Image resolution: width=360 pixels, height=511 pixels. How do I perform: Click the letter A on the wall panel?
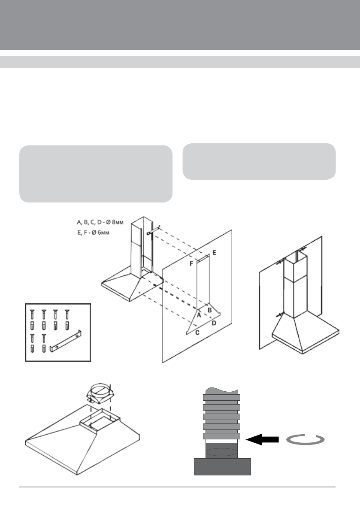(x=199, y=314)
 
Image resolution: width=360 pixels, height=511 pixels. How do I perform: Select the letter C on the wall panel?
(x=197, y=333)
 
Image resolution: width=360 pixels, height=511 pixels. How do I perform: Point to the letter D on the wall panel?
(x=214, y=323)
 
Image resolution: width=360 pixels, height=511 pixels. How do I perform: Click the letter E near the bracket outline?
(x=214, y=253)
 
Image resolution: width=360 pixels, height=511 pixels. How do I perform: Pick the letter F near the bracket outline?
(x=191, y=263)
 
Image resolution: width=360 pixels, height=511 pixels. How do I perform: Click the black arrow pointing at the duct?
(x=262, y=440)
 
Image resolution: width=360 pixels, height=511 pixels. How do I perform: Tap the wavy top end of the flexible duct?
(x=221, y=391)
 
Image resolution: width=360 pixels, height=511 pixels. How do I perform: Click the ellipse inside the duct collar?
(x=222, y=452)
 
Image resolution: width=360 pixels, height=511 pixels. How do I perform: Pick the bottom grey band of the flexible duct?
(x=221, y=436)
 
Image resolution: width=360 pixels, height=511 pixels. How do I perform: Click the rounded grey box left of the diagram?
(x=96, y=173)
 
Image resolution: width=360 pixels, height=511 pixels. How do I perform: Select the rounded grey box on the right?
(x=259, y=161)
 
